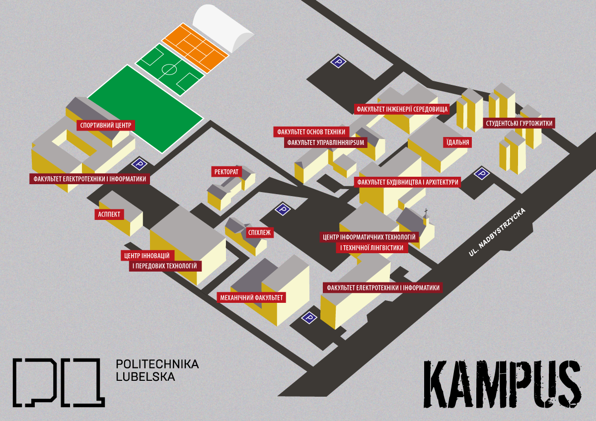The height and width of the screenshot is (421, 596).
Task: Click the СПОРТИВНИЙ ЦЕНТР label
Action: [106, 125]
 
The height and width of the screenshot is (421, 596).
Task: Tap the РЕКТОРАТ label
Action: [226, 172]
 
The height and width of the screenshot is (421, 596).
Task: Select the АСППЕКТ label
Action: [109, 214]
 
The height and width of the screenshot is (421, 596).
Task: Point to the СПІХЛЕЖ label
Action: [259, 233]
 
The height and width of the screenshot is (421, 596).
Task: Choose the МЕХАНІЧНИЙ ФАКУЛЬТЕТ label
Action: [251, 297]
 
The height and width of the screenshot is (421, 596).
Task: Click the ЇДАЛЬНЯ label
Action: [457, 142]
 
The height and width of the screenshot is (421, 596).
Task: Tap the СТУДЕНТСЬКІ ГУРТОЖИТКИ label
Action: [519, 123]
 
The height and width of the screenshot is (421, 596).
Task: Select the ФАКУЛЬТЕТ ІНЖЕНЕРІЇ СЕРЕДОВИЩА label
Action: [402, 109]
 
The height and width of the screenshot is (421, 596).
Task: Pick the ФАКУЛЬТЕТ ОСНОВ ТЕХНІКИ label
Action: [311, 132]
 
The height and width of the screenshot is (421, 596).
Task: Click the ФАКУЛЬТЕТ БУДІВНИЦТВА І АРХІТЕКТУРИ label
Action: [407, 182]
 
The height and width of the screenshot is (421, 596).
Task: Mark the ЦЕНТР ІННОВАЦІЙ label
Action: [148, 256]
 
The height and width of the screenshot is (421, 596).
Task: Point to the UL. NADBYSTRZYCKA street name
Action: [497, 232]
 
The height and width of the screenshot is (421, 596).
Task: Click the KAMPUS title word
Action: [502, 384]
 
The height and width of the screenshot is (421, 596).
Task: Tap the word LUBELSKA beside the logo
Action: [146, 377]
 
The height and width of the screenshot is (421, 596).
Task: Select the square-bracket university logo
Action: [59, 382]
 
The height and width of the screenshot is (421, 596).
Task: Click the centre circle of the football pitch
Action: [169, 70]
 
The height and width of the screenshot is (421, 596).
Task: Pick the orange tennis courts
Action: [195, 48]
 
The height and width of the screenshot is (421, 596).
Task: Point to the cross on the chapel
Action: [426, 211]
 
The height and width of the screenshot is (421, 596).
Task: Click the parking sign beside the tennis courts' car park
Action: [338, 62]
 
